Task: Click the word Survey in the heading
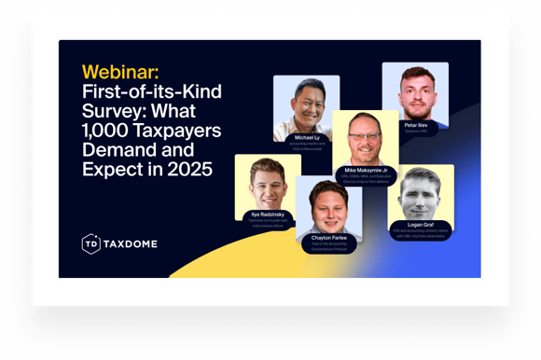point(111,110)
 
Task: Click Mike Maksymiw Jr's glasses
point(366,136)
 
